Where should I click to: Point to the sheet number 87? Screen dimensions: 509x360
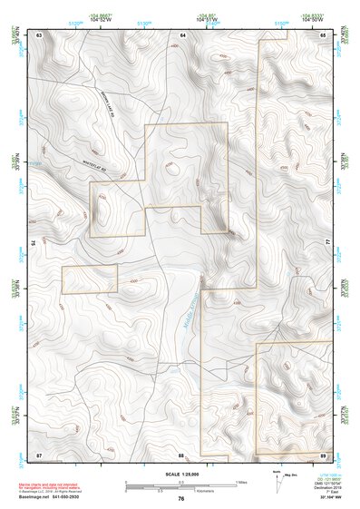point(39,453)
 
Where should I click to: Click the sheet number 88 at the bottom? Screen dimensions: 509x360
point(181,453)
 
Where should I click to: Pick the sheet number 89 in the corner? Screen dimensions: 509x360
point(324,453)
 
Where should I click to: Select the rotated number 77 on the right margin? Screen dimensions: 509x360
point(329,243)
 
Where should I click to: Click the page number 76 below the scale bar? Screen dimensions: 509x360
point(181,498)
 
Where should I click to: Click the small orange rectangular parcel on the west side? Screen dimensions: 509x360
point(89,280)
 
